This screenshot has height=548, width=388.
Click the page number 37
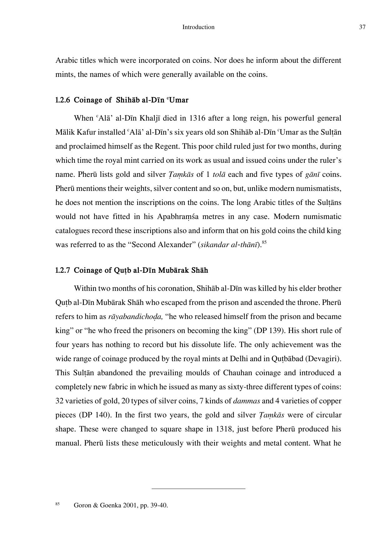pyautogui.click(x=362, y=27)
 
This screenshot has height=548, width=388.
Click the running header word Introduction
pyautogui.click(x=198, y=27)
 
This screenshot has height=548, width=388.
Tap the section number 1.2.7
pyautogui.click(x=63, y=270)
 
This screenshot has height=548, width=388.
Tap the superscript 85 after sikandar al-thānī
pyautogui.click(x=264, y=242)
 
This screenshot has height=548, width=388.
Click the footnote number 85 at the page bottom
pyautogui.click(x=58, y=504)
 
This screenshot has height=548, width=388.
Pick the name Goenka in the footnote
pyautogui.click(x=110, y=506)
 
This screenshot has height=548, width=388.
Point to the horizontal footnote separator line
pyautogui.click(x=198, y=488)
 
